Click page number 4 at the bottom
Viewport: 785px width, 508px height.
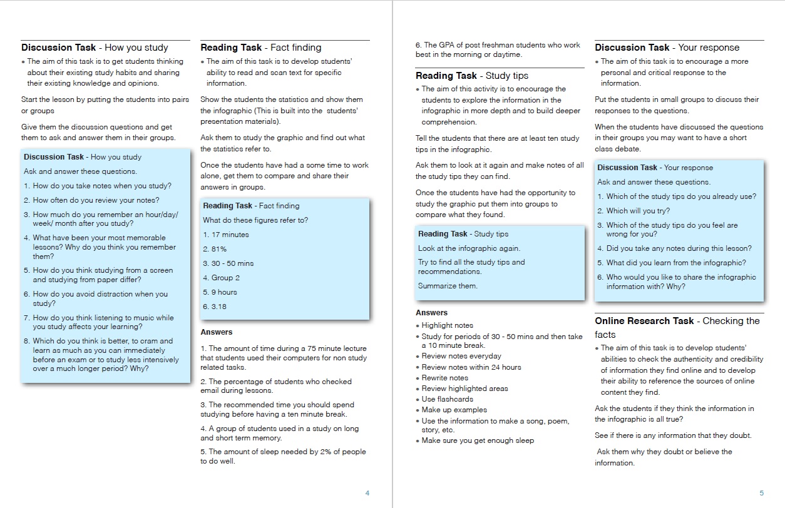pos(367,493)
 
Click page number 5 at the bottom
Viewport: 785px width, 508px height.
pos(761,493)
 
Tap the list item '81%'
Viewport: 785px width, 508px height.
pos(215,249)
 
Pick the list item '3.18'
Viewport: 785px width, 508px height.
pos(215,307)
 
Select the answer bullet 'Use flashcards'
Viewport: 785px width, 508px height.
pos(447,399)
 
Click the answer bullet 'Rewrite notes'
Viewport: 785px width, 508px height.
pos(444,378)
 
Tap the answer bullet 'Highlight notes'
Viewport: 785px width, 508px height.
pos(447,325)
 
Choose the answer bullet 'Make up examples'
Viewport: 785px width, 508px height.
pos(454,410)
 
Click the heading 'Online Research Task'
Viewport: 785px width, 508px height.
pos(644,321)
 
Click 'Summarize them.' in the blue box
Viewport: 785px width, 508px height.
pos(448,286)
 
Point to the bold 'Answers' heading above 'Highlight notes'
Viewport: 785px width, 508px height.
pos(431,313)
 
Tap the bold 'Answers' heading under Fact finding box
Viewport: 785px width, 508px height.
pos(216,332)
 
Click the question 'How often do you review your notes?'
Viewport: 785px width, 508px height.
pos(96,200)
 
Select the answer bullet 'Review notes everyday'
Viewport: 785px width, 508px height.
pos(461,356)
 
